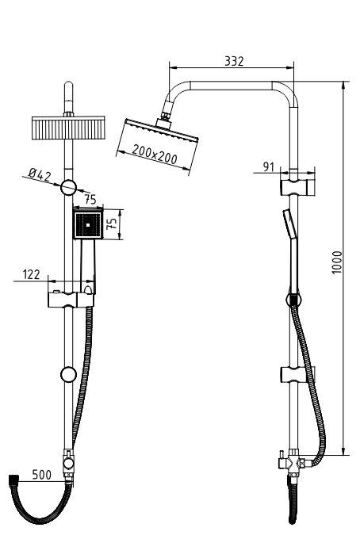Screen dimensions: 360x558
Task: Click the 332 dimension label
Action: [x=234, y=61]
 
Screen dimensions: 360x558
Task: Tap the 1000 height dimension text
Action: [x=336, y=262]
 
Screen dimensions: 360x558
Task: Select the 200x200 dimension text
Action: [x=155, y=154]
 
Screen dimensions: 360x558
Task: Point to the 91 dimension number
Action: [x=269, y=166]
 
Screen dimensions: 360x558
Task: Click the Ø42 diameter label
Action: [x=40, y=174]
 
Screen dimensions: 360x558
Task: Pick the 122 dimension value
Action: [x=32, y=274]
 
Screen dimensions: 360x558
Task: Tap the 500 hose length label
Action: [x=42, y=474]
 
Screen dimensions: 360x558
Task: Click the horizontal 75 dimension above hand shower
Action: [x=90, y=199]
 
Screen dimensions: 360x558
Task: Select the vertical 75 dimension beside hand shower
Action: [x=113, y=224]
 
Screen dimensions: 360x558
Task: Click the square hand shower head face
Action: [x=88, y=224]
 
